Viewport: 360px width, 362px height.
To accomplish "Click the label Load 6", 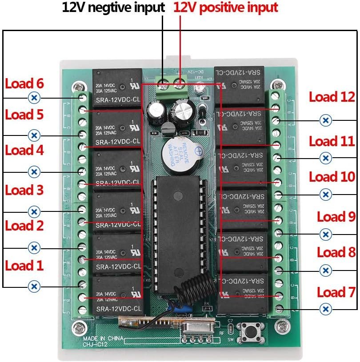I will click(x=24, y=84).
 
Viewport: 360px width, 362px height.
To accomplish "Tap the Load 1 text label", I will click(x=24, y=266).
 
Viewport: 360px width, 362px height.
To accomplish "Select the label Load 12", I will click(x=332, y=97).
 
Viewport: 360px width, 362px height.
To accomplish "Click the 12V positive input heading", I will click(x=225, y=8).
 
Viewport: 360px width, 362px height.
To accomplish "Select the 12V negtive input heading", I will click(x=113, y=8).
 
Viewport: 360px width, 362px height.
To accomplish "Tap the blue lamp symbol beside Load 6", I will click(x=34, y=98).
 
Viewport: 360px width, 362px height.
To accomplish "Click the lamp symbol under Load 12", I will click(x=326, y=120).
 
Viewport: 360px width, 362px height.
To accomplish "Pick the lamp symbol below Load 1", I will click(x=34, y=286).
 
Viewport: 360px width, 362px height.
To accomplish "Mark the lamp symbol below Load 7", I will click(x=326, y=309).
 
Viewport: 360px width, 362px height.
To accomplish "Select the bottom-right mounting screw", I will click(x=280, y=328).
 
